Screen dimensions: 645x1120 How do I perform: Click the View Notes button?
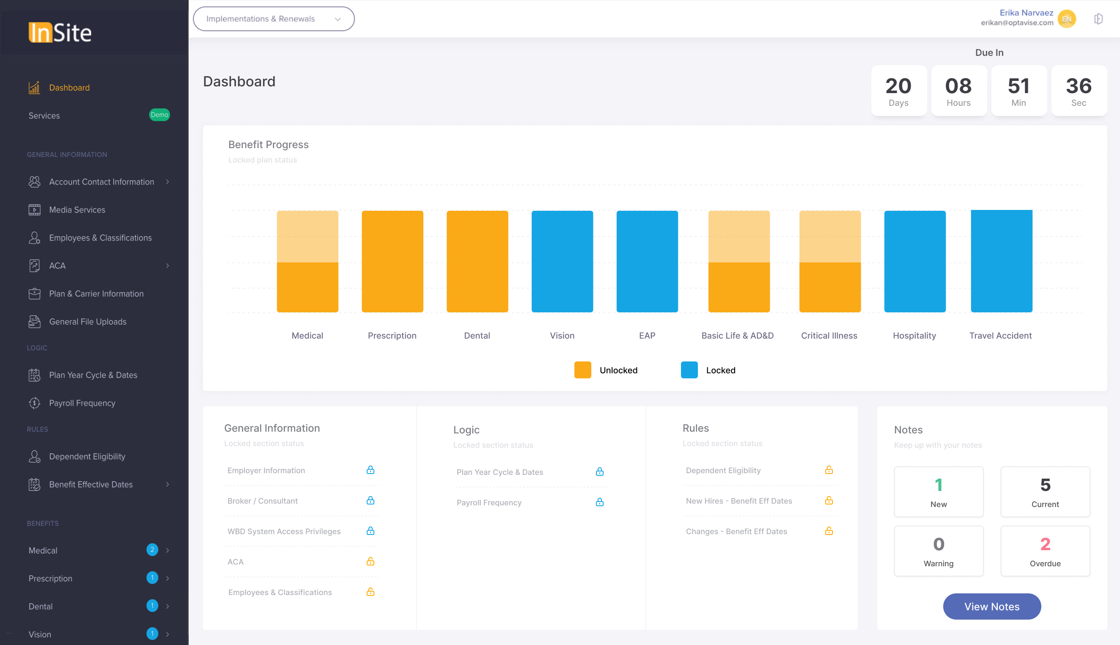pos(991,606)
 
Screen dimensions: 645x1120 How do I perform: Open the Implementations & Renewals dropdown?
pos(274,19)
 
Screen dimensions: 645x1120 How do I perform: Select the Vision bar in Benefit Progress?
pos(562,262)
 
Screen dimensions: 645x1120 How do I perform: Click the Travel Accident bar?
pos(1002,262)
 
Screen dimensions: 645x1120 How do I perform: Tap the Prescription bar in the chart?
pos(392,262)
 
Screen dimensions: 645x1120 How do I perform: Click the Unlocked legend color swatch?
pos(582,370)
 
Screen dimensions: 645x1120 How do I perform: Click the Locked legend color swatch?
pos(689,370)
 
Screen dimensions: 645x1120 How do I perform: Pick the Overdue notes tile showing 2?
pos(1045,551)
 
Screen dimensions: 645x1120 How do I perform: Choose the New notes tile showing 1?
pos(939,491)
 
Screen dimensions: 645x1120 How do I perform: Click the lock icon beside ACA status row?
pos(371,561)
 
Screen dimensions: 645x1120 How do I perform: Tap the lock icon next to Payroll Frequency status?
pos(599,502)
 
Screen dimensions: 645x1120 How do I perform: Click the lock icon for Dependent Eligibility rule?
pos(829,470)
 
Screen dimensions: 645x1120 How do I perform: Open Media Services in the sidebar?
pos(77,209)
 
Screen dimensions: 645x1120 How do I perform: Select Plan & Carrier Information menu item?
pos(96,294)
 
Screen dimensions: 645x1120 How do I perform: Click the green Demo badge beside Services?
pos(159,115)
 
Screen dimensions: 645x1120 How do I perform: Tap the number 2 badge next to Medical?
pos(152,550)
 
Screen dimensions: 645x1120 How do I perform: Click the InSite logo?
pos(60,32)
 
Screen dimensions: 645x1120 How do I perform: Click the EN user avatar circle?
pos(1066,19)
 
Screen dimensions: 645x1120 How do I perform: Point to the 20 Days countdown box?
pos(898,91)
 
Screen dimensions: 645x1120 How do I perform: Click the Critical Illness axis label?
pos(829,335)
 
